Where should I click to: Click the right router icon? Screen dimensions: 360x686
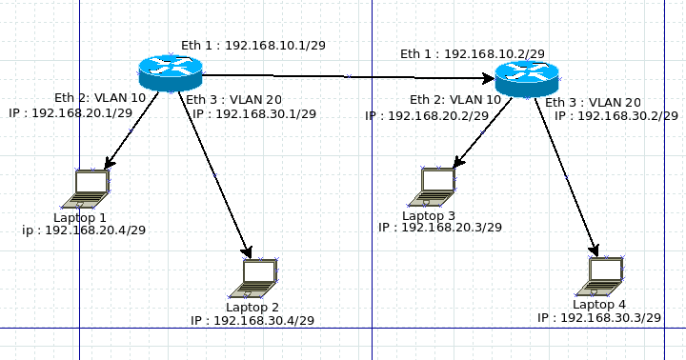[527, 77]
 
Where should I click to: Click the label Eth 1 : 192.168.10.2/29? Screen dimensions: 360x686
[472, 54]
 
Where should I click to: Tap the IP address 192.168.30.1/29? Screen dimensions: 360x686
[253, 114]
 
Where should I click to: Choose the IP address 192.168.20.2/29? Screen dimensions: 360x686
[426, 115]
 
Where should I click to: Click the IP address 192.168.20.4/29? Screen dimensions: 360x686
[84, 230]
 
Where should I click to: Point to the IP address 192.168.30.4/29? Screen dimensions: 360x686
[252, 321]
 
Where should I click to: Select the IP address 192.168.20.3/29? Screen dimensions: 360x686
[440, 227]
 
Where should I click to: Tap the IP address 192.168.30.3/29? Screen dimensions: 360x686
[599, 317]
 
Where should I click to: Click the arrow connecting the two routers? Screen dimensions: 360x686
[348, 75]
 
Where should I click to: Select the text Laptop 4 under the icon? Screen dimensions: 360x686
[599, 304]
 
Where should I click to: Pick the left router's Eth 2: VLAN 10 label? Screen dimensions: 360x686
[100, 97]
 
